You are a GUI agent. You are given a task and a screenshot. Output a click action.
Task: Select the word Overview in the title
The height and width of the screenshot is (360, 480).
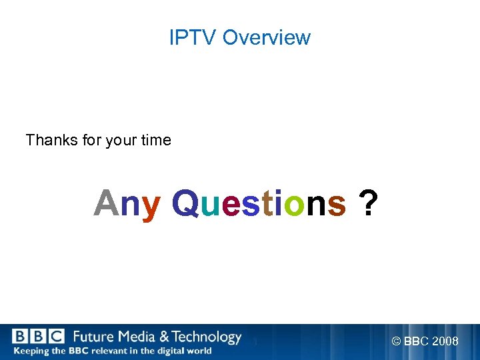266,37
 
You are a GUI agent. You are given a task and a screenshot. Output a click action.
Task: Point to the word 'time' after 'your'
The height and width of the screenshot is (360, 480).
156,140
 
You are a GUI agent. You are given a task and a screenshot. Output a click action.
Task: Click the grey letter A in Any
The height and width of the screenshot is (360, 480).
105,203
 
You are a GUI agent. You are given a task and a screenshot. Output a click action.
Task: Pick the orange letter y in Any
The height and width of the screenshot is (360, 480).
151,205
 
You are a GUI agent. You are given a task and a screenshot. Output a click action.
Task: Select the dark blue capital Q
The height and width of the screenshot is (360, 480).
185,203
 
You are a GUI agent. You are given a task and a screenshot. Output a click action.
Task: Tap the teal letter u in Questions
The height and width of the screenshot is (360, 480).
209,205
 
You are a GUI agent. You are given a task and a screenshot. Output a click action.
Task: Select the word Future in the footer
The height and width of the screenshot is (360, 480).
93,337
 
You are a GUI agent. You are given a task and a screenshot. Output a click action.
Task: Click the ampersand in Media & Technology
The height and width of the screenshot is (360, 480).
162,337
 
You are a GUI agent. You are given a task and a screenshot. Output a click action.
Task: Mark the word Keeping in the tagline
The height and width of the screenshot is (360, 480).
30,351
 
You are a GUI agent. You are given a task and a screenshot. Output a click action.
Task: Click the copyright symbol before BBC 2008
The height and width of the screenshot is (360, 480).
396,341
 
